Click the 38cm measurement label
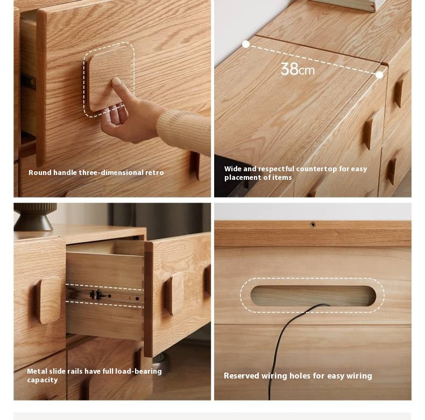click(x=297, y=69)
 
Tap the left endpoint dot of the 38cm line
click(x=246, y=44)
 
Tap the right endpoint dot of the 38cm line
click(x=379, y=75)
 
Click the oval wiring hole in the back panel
click(x=313, y=296)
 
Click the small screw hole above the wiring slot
click(x=313, y=225)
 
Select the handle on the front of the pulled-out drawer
click(x=174, y=293)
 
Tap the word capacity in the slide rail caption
click(x=42, y=380)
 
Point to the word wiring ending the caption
click(x=358, y=376)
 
